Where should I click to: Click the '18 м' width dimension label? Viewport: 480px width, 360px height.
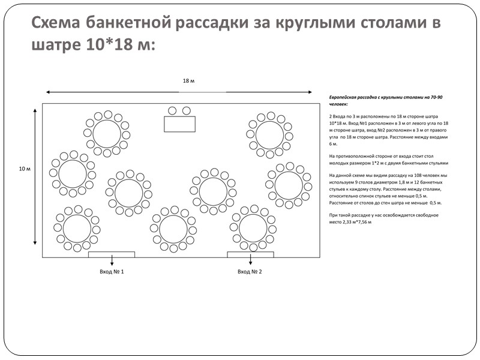(188, 80)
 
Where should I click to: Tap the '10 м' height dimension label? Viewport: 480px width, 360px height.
(24, 169)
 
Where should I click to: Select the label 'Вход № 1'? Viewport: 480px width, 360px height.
(112, 272)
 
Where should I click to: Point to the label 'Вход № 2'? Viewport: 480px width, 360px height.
(250, 272)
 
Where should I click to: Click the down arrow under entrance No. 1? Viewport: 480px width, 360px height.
(112, 261)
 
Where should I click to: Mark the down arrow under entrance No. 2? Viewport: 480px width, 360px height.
(250, 261)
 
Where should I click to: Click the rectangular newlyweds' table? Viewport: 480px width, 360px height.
(179, 124)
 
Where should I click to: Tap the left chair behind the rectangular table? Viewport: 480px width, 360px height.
(172, 111)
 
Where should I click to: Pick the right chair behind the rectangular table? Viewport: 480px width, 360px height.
(187, 111)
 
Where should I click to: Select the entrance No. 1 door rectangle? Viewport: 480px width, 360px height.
(112, 254)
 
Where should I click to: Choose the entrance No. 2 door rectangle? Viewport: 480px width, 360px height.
(250, 254)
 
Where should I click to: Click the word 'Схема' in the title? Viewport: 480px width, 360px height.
(56, 23)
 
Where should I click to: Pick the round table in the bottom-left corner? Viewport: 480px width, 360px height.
(77, 229)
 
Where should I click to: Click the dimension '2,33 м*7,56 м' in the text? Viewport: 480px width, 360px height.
(353, 222)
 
